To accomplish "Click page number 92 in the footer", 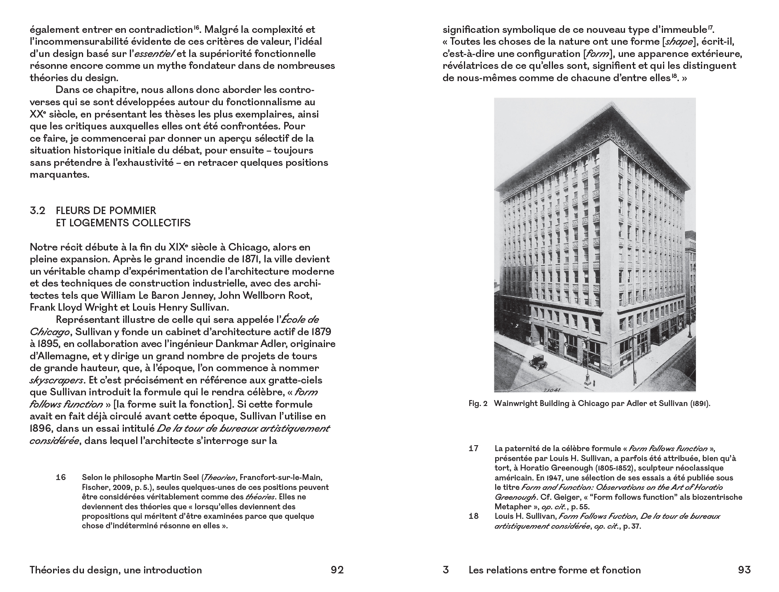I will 337,570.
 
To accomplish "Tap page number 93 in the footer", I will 744,570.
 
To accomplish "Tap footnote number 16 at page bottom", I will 61,477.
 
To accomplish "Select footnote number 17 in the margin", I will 473,448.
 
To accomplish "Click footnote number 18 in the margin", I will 473,516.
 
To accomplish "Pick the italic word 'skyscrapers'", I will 57,380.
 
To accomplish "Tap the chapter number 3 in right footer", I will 446,570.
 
